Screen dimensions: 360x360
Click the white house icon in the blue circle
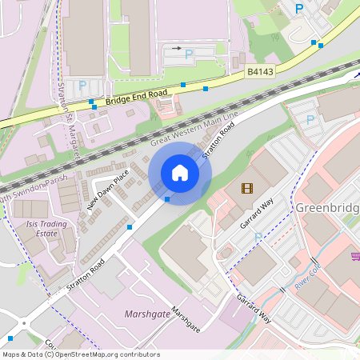179,172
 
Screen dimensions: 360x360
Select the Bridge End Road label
136,97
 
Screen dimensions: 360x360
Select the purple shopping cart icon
354,257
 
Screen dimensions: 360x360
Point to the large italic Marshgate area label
147,314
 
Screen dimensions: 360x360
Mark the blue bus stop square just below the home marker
166,198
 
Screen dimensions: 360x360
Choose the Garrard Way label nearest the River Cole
254,309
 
